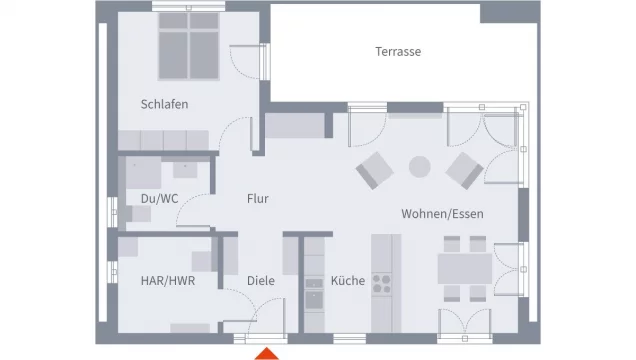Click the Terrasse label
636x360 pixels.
click(x=398, y=52)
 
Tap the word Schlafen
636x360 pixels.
click(x=164, y=104)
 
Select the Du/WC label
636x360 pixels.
click(x=159, y=199)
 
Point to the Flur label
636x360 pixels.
click(x=258, y=199)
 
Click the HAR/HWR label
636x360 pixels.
click(x=168, y=281)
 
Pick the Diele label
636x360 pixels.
click(x=261, y=281)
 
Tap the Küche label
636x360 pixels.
click(x=348, y=281)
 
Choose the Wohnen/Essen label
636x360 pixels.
click(x=442, y=214)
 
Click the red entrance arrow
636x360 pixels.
click(x=266, y=354)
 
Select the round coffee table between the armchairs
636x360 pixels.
click(x=419, y=167)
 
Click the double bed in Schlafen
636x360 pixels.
click(x=189, y=46)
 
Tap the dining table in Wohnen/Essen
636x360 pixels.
click(x=465, y=269)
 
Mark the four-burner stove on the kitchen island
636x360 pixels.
click(x=382, y=284)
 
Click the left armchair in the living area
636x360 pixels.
click(x=375, y=170)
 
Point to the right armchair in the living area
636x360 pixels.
click(x=464, y=170)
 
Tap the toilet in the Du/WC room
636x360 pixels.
click(x=137, y=214)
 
